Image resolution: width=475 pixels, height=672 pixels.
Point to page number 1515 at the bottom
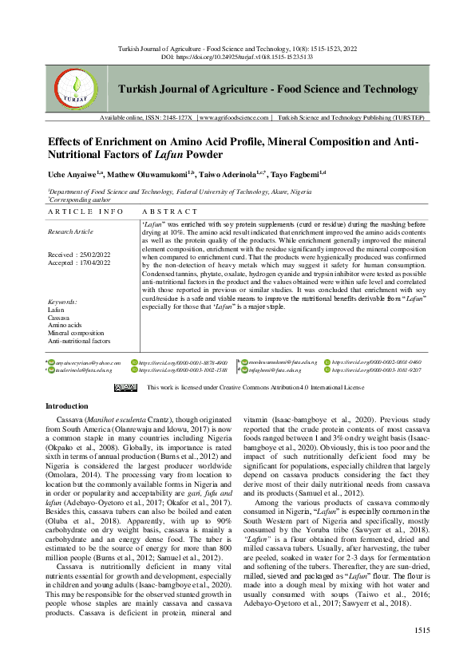[422, 653]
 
